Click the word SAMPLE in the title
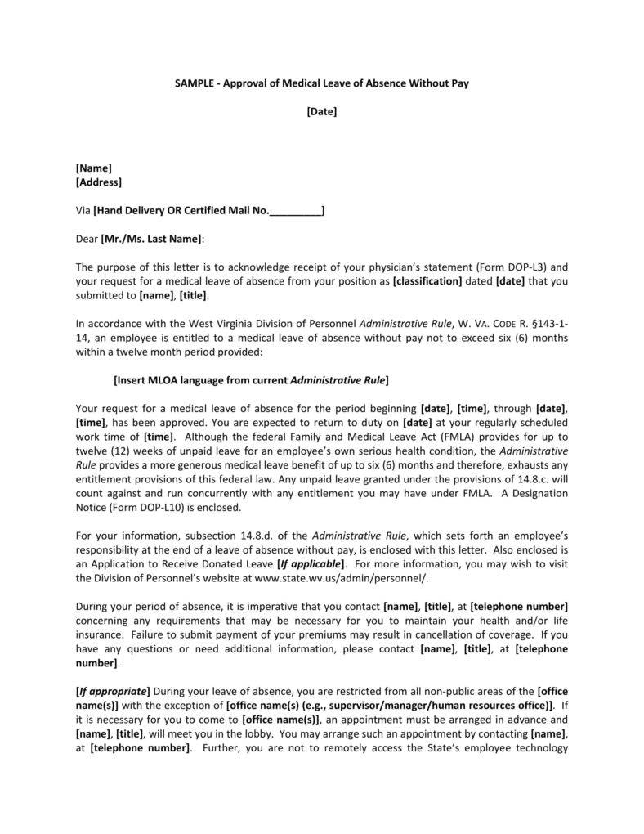click(x=193, y=83)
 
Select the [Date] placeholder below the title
click(x=322, y=111)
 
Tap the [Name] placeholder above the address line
click(x=93, y=168)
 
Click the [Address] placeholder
click(x=98, y=182)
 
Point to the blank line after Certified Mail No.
click(x=295, y=210)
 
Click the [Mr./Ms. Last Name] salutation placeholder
click(x=150, y=239)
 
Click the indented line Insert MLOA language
click(x=250, y=379)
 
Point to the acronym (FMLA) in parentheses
click(x=423, y=437)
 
